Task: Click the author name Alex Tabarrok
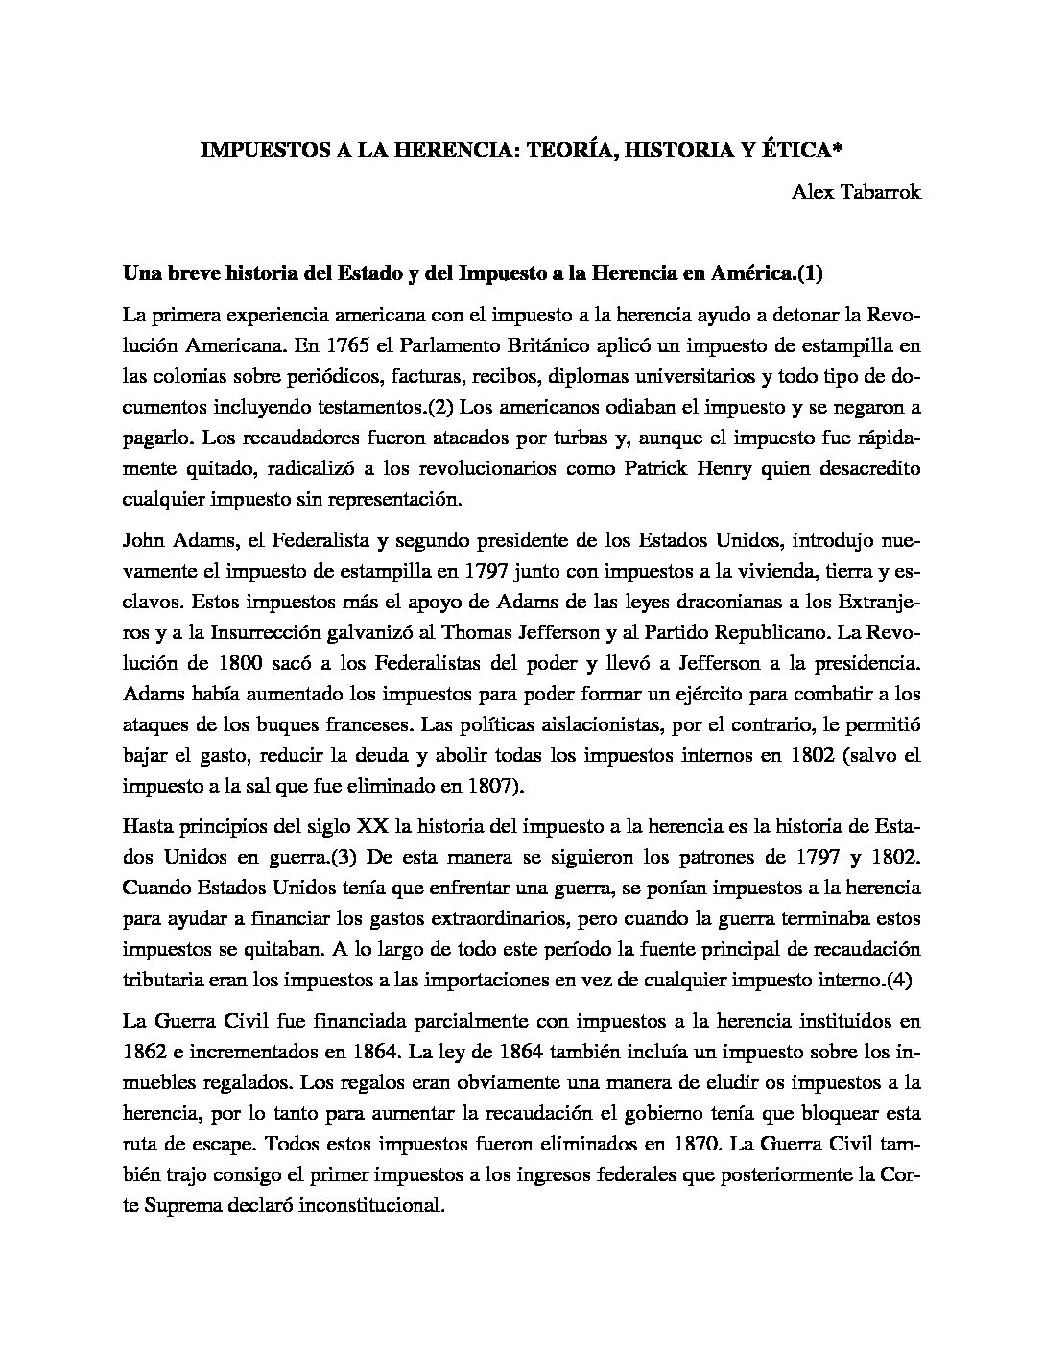(856, 192)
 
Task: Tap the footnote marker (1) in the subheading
(810, 273)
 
